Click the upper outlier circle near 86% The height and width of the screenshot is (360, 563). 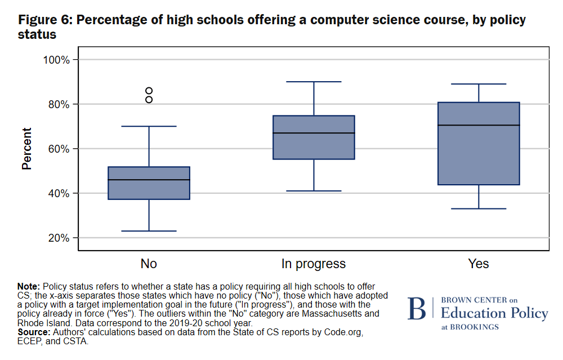click(149, 91)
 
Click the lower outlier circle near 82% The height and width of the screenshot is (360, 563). click(149, 100)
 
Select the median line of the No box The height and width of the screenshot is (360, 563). click(149, 180)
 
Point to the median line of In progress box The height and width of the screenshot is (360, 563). click(314, 133)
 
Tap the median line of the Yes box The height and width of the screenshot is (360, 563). click(479, 125)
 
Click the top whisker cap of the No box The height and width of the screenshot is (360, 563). click(149, 126)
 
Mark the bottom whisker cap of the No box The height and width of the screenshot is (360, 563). click(149, 231)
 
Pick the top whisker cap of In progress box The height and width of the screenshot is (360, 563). click(314, 82)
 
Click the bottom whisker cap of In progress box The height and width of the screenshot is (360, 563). click(314, 191)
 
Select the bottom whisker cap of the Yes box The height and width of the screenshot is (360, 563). click(479, 209)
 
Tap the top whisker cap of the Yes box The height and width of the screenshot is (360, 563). click(479, 84)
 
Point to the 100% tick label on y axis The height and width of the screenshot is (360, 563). click(56, 60)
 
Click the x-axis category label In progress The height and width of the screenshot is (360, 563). click(314, 264)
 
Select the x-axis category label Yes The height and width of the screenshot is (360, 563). click(479, 264)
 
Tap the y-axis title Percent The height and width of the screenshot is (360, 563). click(26, 149)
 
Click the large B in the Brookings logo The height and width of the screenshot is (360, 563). click(417, 309)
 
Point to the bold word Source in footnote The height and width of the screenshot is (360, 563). click(33, 332)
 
